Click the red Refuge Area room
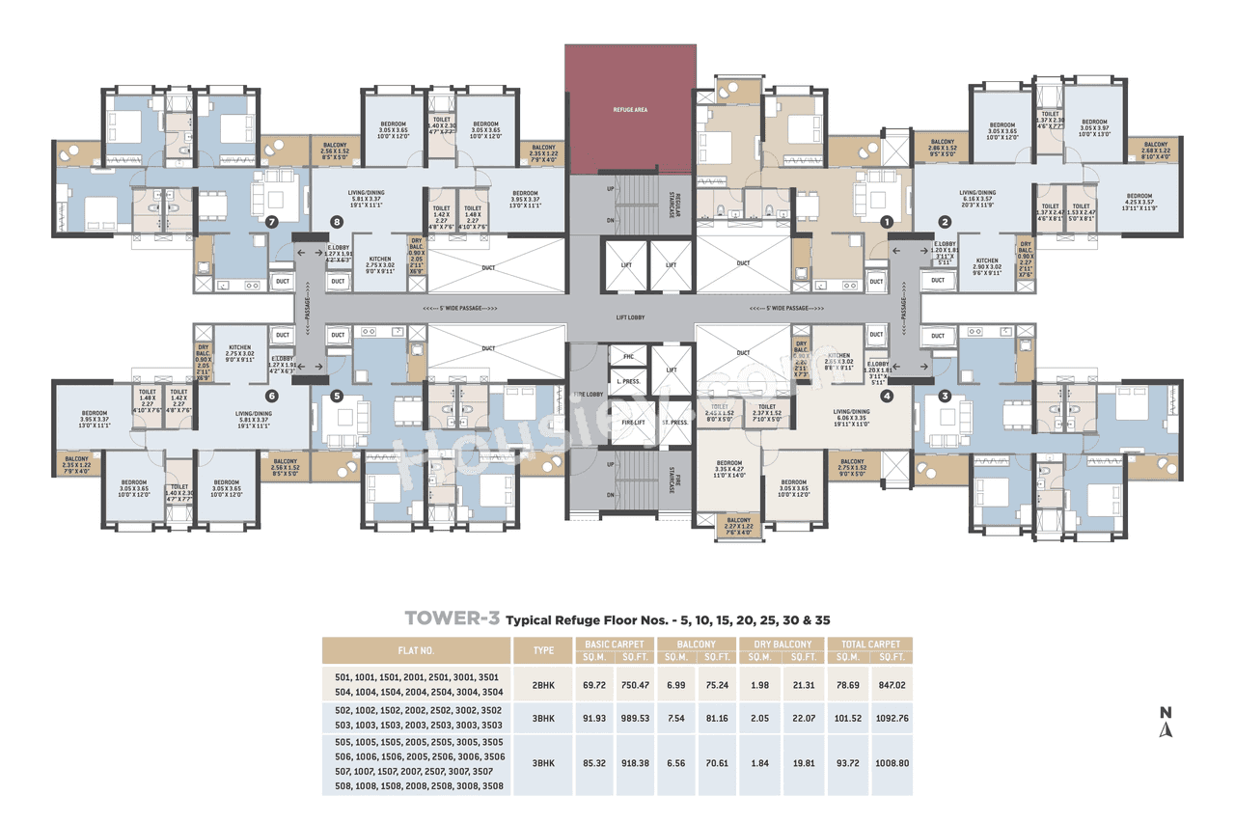point(630,109)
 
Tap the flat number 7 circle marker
point(271,221)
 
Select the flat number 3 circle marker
point(945,394)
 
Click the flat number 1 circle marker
point(886,221)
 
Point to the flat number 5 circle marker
point(337,395)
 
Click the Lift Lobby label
point(630,315)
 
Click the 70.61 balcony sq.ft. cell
point(717,763)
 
